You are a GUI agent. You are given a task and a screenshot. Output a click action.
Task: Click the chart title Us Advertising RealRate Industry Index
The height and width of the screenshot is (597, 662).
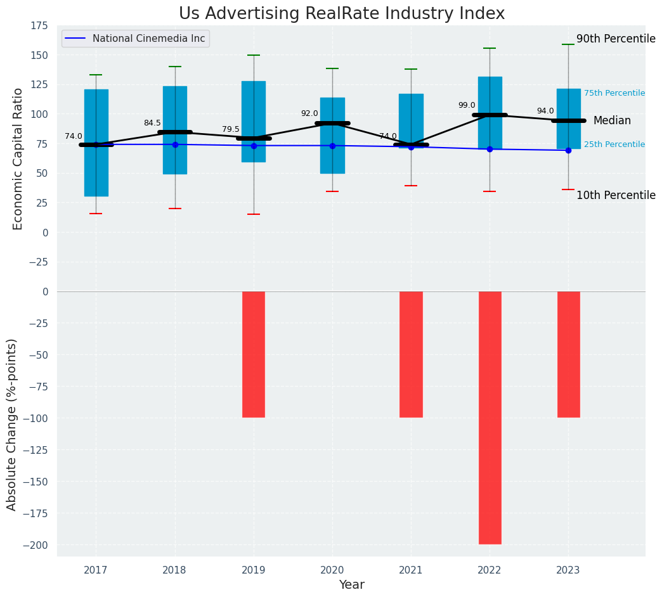click(x=342, y=14)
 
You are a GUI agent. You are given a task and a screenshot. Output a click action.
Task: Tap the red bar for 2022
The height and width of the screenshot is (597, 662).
click(x=490, y=418)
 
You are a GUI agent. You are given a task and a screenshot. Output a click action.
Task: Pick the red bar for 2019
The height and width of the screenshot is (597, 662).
click(x=254, y=354)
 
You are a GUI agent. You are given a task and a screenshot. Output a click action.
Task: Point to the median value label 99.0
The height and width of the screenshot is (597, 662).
click(x=467, y=106)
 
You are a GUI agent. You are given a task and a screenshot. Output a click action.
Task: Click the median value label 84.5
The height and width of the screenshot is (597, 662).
click(x=152, y=123)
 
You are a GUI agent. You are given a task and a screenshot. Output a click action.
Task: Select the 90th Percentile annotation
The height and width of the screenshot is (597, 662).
click(x=616, y=39)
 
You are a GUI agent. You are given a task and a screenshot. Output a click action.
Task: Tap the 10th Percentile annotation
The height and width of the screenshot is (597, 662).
click(x=616, y=195)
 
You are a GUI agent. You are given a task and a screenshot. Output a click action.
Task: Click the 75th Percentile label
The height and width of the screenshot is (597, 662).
click(x=614, y=93)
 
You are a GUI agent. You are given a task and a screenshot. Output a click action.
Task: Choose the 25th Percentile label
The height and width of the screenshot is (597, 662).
click(x=614, y=144)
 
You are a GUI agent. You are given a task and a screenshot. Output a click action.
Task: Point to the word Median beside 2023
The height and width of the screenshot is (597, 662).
click(x=612, y=121)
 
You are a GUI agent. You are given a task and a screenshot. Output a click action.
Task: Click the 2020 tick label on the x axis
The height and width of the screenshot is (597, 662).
click(x=332, y=570)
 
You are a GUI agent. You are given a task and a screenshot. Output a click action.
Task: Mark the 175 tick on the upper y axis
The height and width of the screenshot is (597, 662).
click(x=39, y=26)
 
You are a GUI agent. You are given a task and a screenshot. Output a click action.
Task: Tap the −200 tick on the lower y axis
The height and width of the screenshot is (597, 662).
click(x=36, y=545)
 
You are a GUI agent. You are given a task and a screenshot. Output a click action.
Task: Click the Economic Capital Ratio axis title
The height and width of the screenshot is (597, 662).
click(x=18, y=158)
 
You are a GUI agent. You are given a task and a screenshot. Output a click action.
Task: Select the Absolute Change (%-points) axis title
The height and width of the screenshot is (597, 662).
click(x=12, y=424)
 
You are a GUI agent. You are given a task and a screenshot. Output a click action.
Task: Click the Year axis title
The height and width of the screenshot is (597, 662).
click(x=351, y=585)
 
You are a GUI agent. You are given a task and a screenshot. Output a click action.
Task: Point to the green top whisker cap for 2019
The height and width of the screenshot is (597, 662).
click(x=254, y=55)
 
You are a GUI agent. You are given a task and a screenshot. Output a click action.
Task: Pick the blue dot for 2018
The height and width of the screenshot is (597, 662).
click(x=175, y=144)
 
